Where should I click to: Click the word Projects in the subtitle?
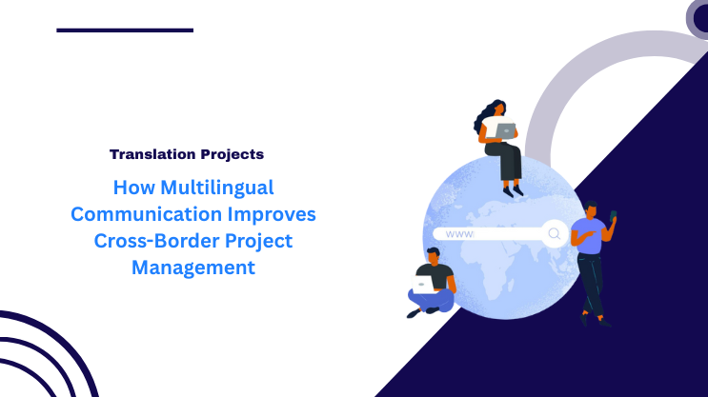pyautogui.click(x=230, y=153)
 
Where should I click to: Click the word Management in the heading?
pyautogui.click(x=193, y=268)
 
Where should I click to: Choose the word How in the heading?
pyautogui.click(x=130, y=187)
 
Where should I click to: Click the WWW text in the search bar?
pyautogui.click(x=459, y=233)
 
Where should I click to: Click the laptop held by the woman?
pyautogui.click(x=506, y=131)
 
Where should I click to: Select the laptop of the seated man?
pyautogui.click(x=423, y=285)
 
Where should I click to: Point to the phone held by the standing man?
pyautogui.click(x=614, y=215)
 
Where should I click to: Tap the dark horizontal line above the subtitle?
pyautogui.click(x=125, y=30)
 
